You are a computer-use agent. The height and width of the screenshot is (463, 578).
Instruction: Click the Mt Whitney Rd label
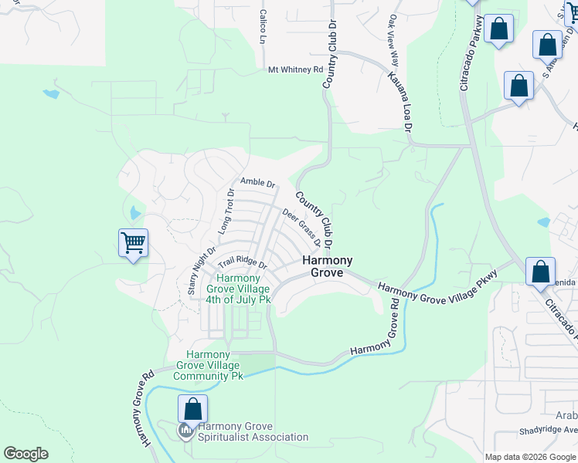[x=295, y=69]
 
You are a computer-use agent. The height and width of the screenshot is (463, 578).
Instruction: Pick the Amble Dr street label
[x=257, y=183]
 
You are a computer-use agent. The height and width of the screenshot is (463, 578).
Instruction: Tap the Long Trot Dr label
[x=226, y=211]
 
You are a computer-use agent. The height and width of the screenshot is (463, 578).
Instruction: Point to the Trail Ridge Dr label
[x=242, y=263]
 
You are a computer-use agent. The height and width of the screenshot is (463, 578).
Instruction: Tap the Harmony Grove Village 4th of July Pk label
[x=243, y=289]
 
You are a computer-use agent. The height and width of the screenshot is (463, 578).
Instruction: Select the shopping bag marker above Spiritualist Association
[x=192, y=408]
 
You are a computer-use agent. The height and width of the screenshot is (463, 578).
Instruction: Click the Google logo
[x=25, y=454]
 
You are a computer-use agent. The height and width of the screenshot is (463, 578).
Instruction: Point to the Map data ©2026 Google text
[x=530, y=457]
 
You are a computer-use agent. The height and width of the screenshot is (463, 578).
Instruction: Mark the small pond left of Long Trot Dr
[x=137, y=212]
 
